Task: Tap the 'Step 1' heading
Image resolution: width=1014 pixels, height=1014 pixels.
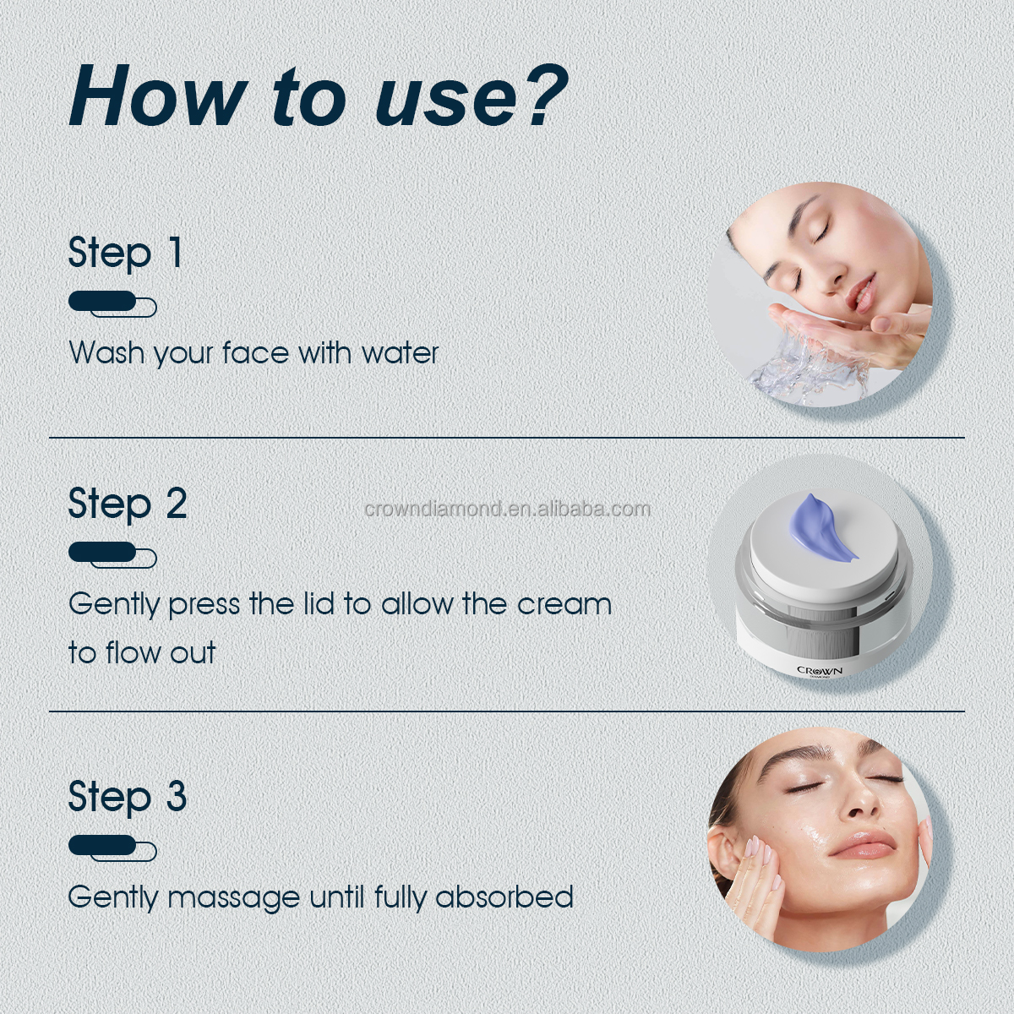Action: coord(125,253)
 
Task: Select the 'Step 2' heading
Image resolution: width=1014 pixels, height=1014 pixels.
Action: coord(128,504)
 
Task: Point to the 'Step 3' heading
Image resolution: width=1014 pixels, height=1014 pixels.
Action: coord(128,796)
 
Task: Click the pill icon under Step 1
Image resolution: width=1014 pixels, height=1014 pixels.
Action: coord(112,303)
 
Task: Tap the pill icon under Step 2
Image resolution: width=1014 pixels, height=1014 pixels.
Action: coord(112,554)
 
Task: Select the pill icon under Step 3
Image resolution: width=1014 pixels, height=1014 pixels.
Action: coord(112,848)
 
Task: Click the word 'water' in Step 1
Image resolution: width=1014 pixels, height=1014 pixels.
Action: coord(400,352)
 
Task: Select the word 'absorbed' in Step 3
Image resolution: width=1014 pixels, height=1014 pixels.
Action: coord(504,897)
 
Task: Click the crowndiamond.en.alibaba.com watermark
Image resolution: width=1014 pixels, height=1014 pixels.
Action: coord(507,509)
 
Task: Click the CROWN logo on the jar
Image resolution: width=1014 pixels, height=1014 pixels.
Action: coord(819,671)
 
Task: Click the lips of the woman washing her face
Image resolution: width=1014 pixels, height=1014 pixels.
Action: coord(864,296)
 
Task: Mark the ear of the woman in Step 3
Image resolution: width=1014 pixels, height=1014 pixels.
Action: coord(722,849)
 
